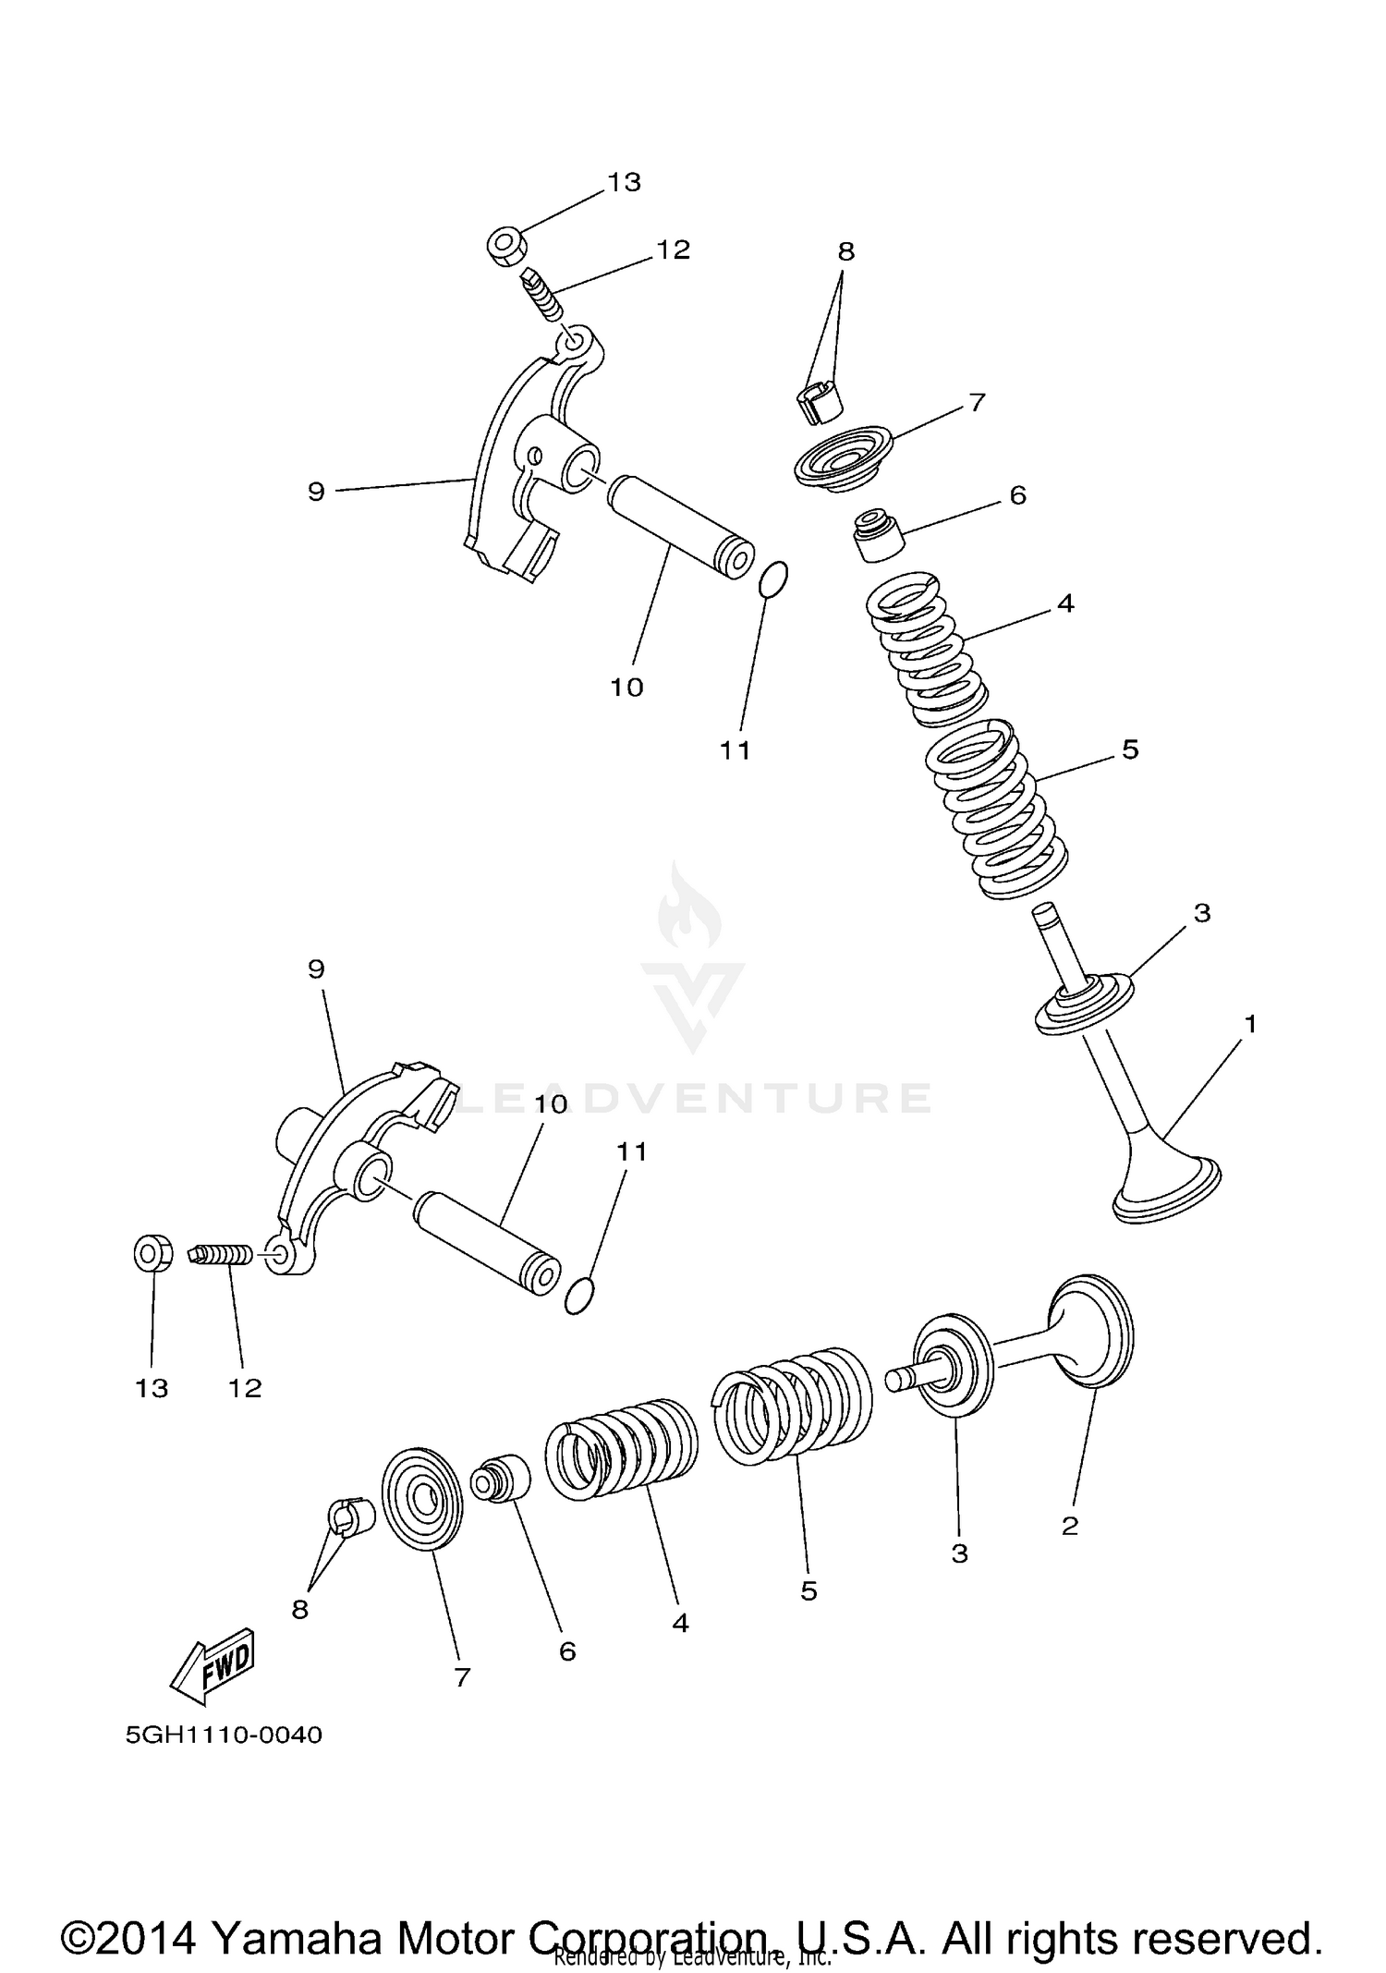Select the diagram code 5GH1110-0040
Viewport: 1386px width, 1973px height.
pyautogui.click(x=224, y=1735)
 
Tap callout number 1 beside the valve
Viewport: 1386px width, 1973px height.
pyautogui.click(x=1250, y=1024)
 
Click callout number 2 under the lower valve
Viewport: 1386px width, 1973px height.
pyautogui.click(x=1070, y=1526)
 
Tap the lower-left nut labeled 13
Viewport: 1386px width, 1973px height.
pyautogui.click(x=151, y=1254)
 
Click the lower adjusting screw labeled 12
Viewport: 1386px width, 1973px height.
pyautogui.click(x=224, y=1256)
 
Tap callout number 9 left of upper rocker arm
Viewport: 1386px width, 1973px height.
pyautogui.click(x=316, y=491)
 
